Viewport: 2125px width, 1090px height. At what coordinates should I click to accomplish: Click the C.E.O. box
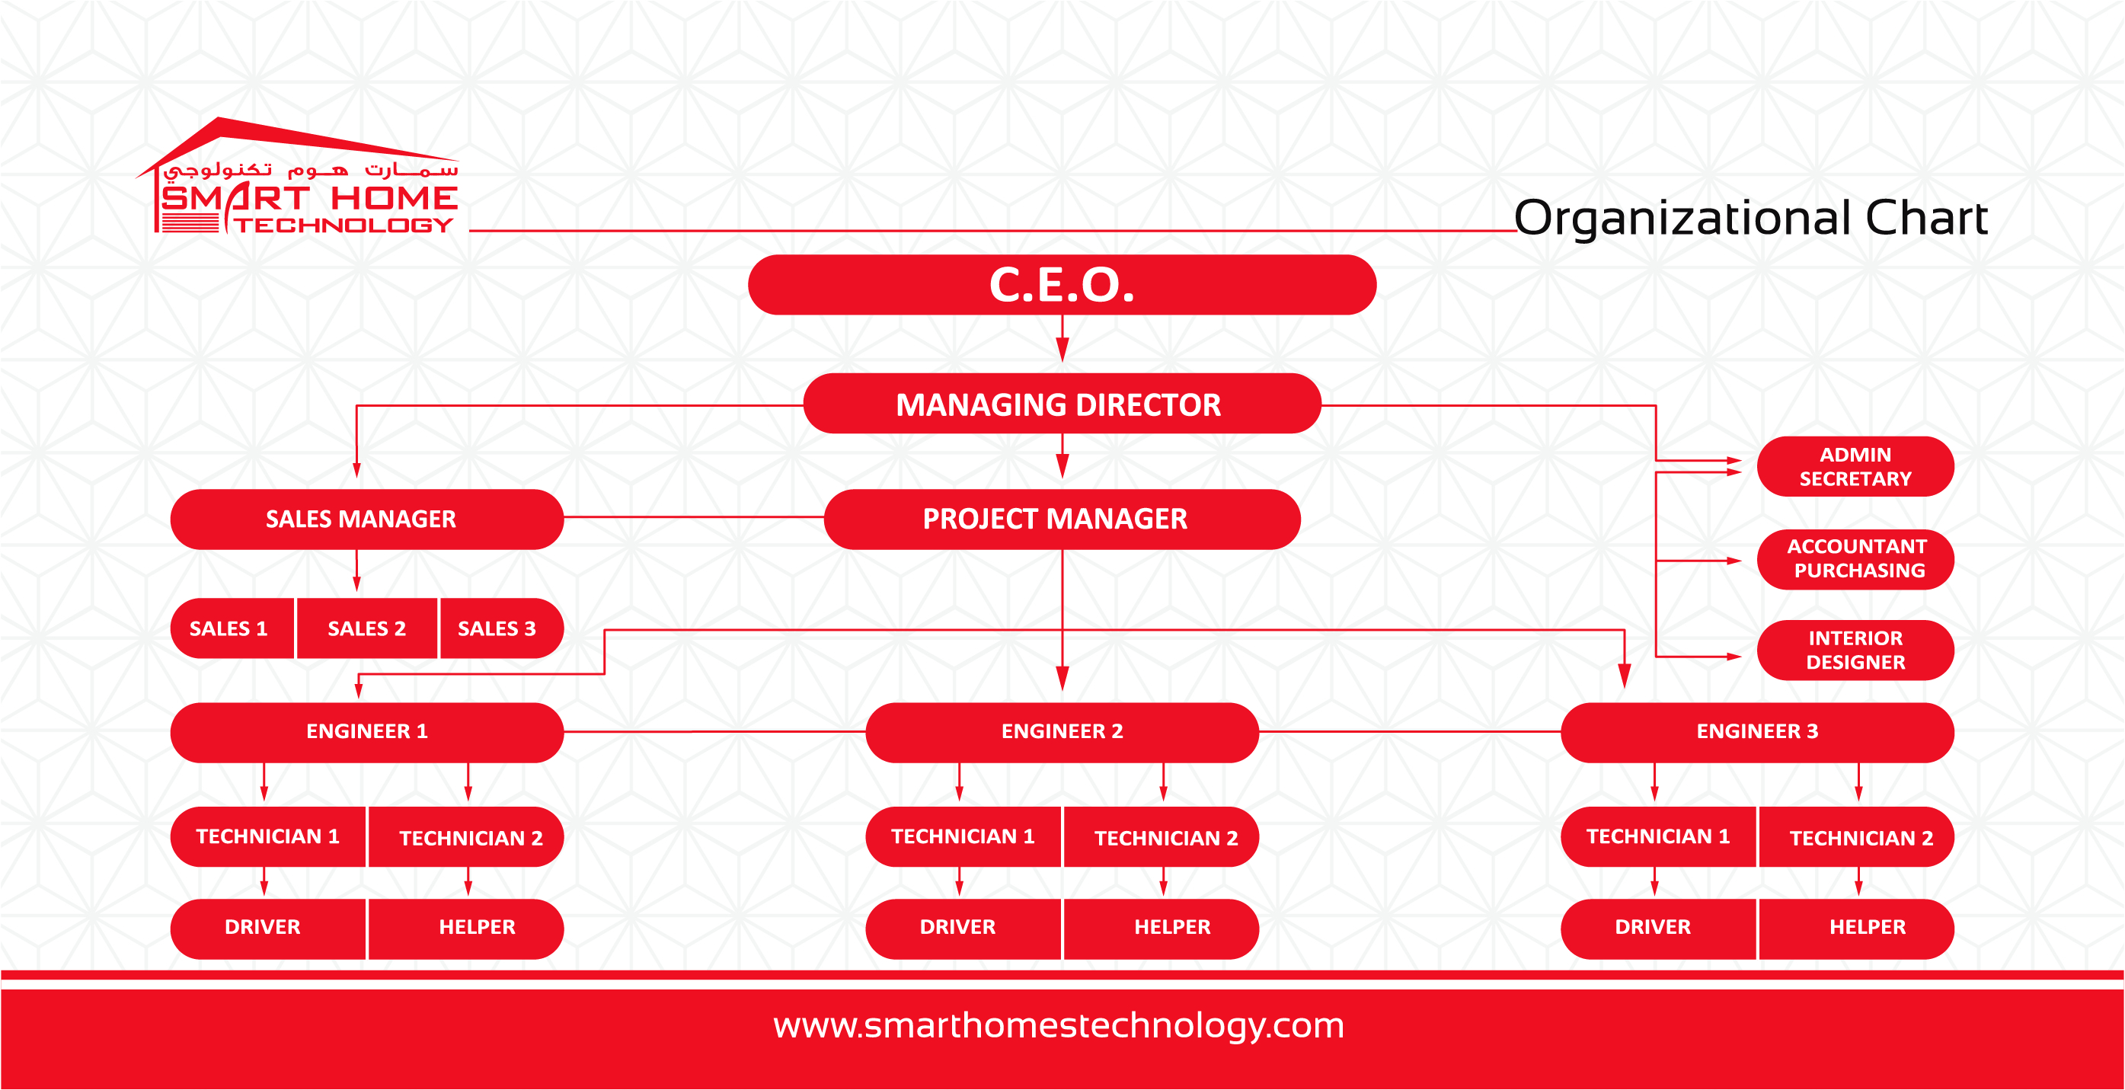click(1062, 285)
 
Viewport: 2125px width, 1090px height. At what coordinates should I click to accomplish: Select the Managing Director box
click(1062, 404)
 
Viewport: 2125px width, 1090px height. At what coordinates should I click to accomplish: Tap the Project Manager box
click(1062, 519)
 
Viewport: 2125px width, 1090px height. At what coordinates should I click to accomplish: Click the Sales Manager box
click(367, 519)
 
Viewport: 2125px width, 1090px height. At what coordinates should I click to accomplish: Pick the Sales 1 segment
click(232, 628)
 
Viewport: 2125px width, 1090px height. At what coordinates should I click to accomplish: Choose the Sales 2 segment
click(367, 628)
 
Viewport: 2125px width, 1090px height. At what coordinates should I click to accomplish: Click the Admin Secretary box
click(1855, 466)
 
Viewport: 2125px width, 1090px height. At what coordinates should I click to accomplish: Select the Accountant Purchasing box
click(1855, 558)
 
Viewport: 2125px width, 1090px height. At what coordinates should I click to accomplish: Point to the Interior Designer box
click(1855, 650)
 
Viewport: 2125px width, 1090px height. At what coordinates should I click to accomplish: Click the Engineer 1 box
click(367, 732)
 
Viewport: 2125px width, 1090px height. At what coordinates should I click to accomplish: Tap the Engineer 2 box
click(1062, 732)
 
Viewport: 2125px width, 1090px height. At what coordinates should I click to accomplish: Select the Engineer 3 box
click(1757, 732)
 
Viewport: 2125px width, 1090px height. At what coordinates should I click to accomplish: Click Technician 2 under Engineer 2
click(1162, 836)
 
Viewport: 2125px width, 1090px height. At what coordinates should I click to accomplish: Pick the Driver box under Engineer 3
click(1658, 929)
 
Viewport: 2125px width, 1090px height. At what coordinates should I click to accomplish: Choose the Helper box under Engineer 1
click(466, 929)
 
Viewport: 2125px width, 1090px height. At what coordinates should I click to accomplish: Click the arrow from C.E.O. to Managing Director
click(1062, 338)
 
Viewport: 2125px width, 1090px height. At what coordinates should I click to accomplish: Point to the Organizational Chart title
click(1750, 218)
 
